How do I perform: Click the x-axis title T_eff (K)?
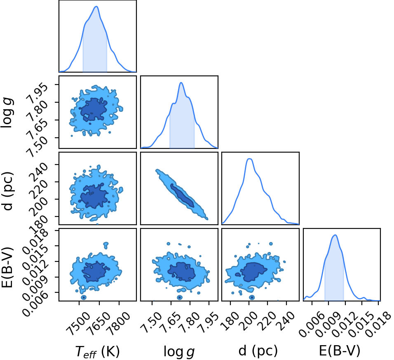click(x=98, y=351)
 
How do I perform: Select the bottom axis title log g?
click(x=179, y=351)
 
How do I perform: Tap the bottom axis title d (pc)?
click(x=258, y=351)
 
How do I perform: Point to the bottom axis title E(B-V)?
click(x=340, y=351)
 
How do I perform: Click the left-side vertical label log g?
click(x=7, y=113)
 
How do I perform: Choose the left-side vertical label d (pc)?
click(x=7, y=191)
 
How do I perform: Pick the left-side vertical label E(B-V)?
click(x=7, y=267)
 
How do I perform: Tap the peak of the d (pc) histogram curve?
click(x=249, y=159)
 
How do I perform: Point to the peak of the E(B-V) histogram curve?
click(x=335, y=235)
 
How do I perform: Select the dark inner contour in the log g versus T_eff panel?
click(x=94, y=110)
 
